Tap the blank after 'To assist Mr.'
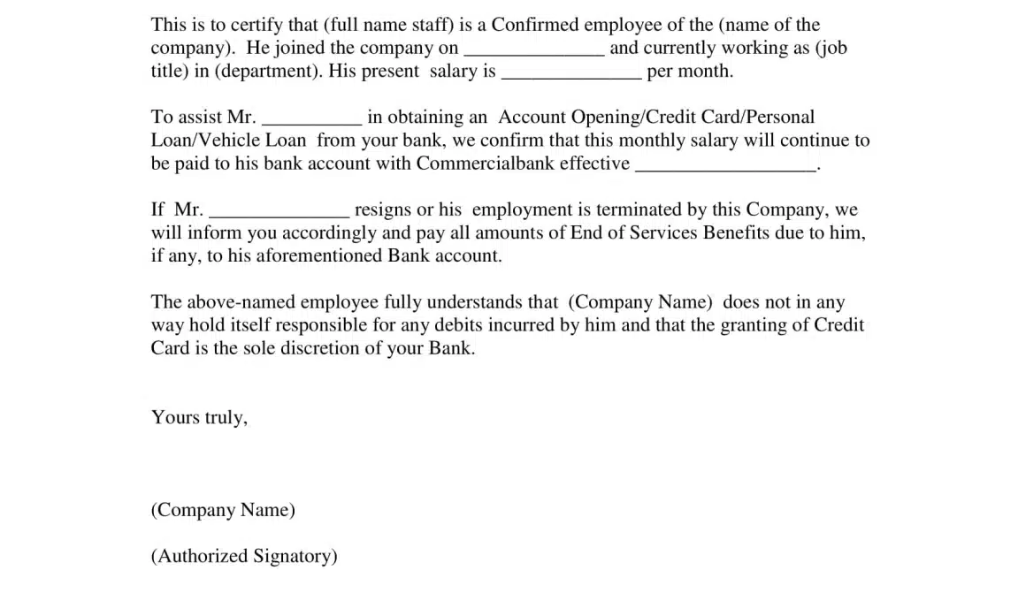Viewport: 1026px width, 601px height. pyautogui.click(x=312, y=121)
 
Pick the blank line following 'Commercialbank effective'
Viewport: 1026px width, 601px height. pyautogui.click(x=725, y=167)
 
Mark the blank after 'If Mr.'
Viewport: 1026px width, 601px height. pyautogui.click(x=279, y=213)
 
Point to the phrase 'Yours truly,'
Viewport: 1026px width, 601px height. pyautogui.click(x=199, y=417)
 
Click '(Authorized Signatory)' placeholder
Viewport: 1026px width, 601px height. pyautogui.click(x=244, y=556)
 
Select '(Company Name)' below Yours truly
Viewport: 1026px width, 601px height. pyautogui.click(x=223, y=510)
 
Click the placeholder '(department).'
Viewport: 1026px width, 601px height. pyautogui.click(x=269, y=72)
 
